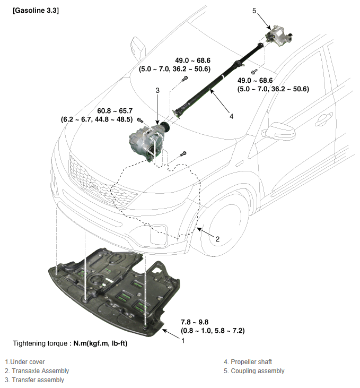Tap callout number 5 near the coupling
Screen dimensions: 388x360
(x=254, y=10)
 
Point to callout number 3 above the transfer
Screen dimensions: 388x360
(x=157, y=91)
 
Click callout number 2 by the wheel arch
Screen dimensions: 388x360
(x=217, y=239)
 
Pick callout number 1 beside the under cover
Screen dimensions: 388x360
(x=183, y=341)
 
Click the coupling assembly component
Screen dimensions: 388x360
(x=280, y=38)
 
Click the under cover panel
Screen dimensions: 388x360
(x=111, y=292)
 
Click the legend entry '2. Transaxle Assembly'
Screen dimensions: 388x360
(x=37, y=371)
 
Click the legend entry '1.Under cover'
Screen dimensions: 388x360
(x=25, y=362)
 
